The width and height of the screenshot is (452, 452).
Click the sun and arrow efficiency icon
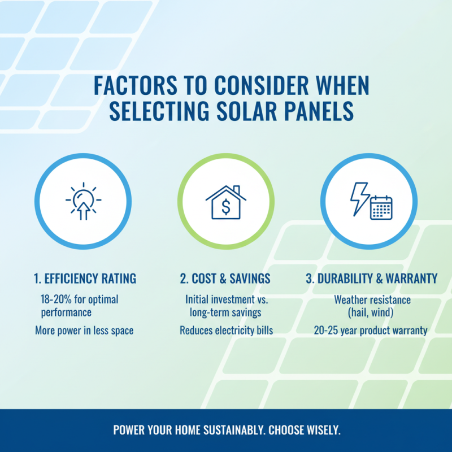pos(83,202)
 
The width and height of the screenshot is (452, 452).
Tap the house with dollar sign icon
pos(226,202)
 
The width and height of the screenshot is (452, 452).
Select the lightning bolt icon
pos(359,198)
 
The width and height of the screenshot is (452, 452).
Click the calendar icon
pos(381,207)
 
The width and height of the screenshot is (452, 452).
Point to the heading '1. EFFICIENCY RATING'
pos(84,279)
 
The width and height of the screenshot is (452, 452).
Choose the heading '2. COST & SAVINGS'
pos(225,279)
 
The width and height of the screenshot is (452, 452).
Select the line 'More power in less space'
pos(84,331)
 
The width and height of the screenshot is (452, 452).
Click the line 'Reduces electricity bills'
pos(226,331)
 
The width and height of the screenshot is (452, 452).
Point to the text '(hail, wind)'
pos(372,312)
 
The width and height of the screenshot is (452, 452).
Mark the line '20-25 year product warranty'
pos(371,331)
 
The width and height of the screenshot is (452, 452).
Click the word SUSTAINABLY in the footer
pos(229,430)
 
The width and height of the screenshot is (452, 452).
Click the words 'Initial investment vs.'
pos(225,299)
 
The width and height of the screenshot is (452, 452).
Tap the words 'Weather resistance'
pos(372,299)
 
